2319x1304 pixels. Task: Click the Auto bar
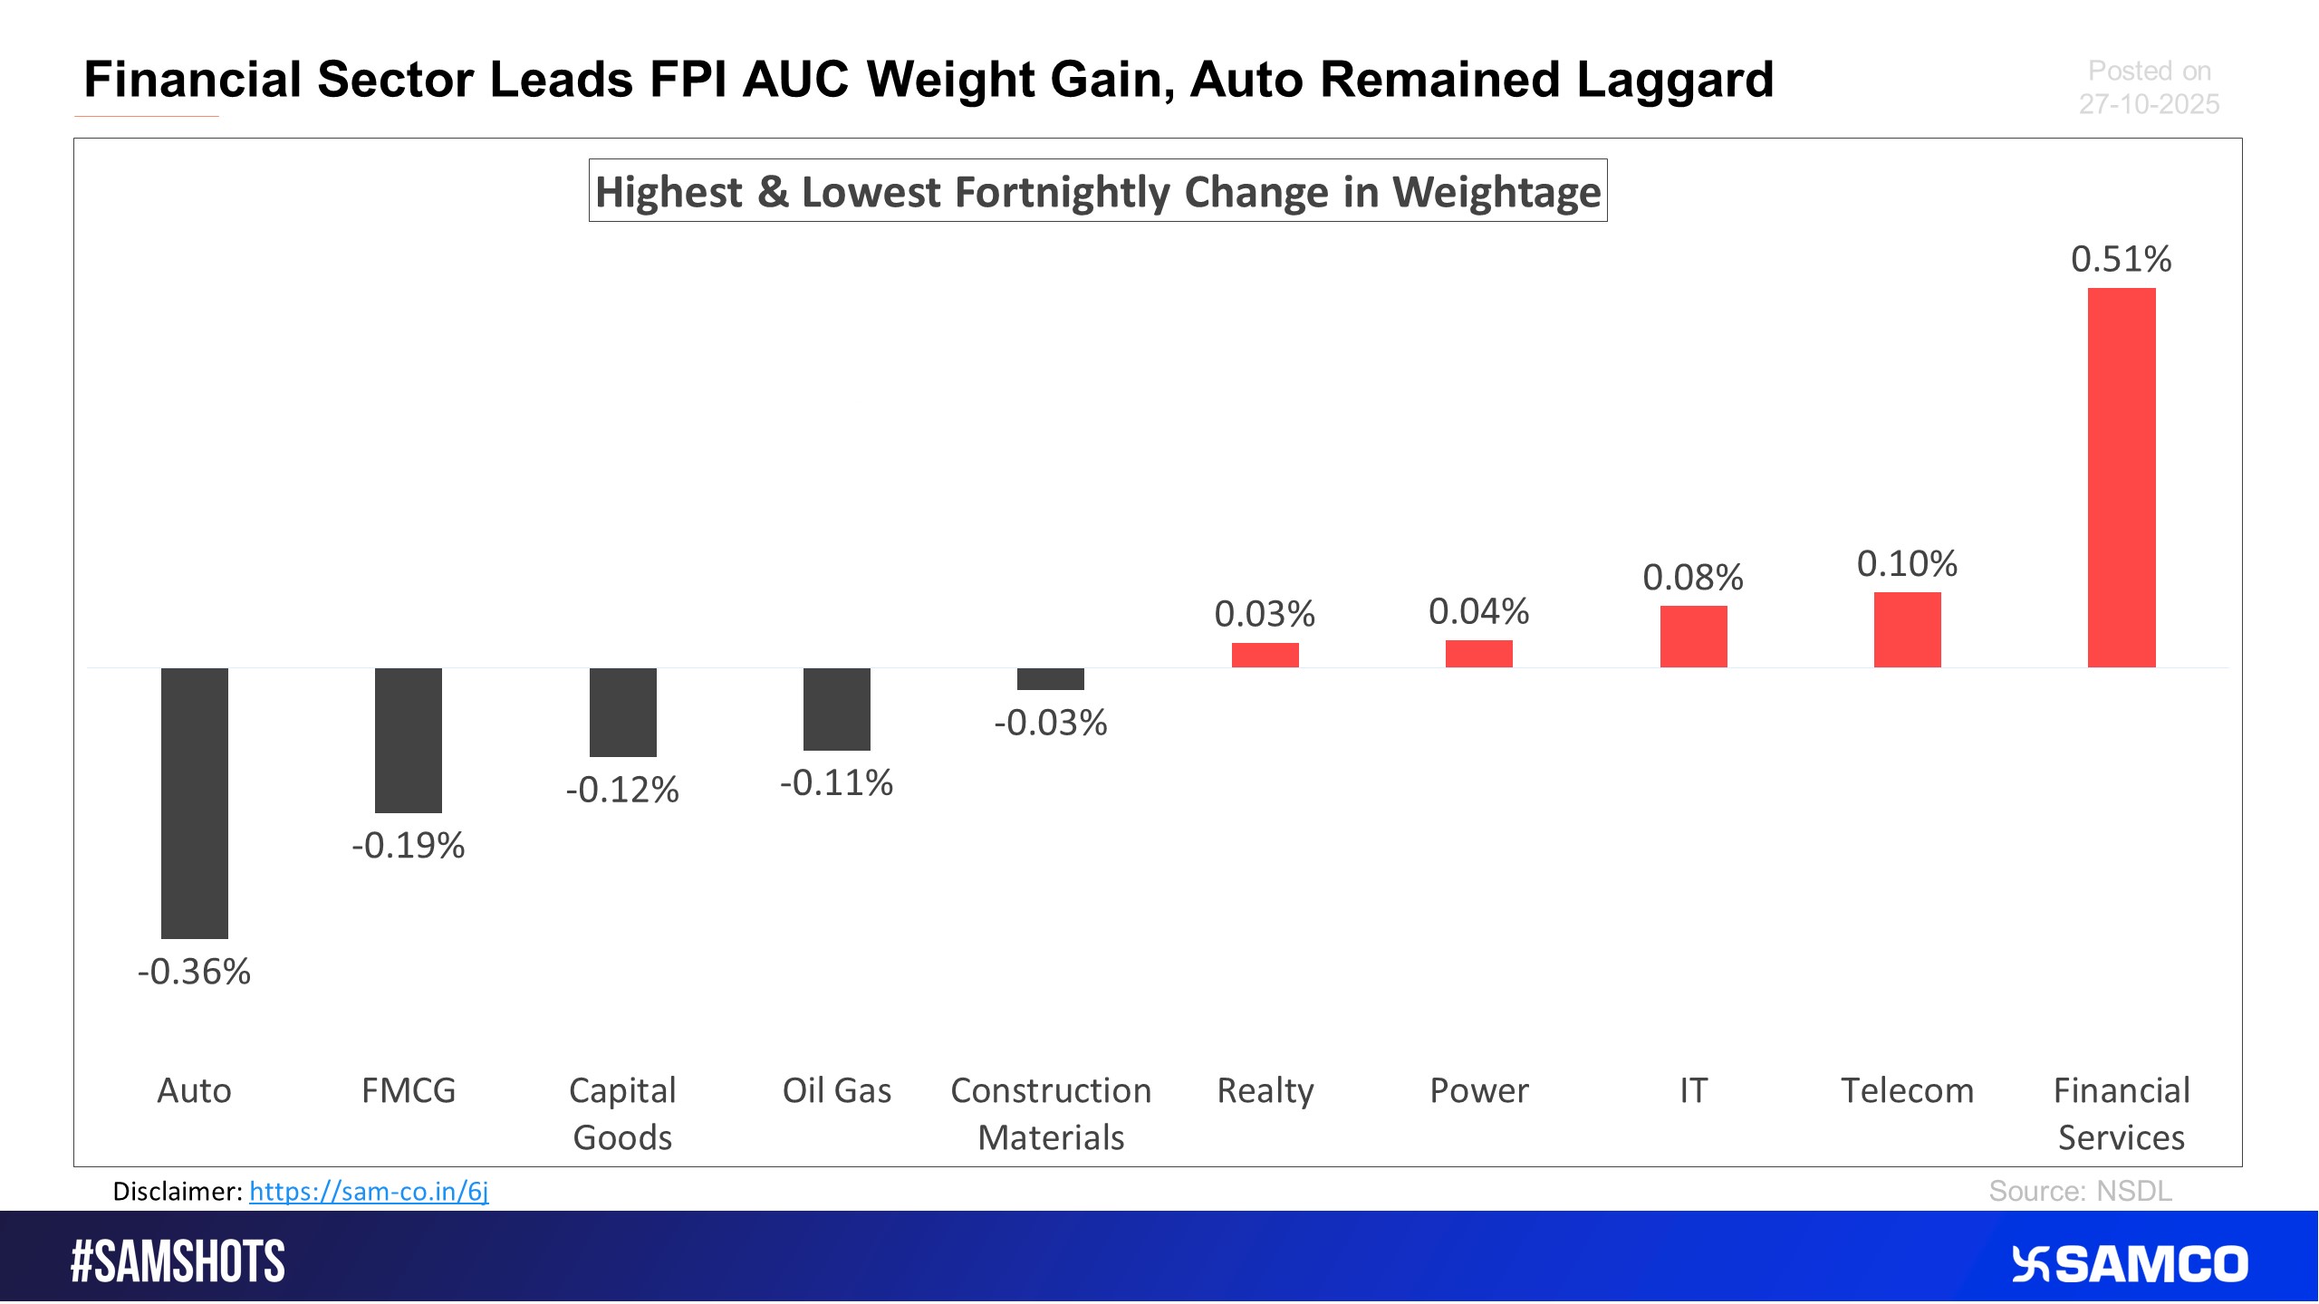click(x=195, y=802)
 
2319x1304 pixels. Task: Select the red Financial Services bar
click(x=2122, y=477)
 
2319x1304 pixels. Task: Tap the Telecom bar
click(x=1907, y=629)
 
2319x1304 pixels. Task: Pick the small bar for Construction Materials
click(x=1051, y=679)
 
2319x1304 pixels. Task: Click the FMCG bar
click(x=409, y=740)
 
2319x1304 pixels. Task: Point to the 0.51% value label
click(x=2122, y=260)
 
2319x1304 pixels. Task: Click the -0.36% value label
click(x=195, y=972)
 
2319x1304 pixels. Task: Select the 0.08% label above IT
click(x=1693, y=578)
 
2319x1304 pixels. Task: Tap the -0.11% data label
click(x=837, y=783)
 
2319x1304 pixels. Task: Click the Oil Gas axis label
click(x=837, y=1090)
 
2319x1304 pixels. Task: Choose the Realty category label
click(x=1265, y=1090)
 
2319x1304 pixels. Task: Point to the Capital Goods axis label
click(x=623, y=1114)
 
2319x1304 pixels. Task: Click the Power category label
click(x=1479, y=1090)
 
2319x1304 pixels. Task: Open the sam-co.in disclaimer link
click(x=369, y=1192)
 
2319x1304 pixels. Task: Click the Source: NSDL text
click(x=2080, y=1191)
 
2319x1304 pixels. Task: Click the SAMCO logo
click(x=2130, y=1264)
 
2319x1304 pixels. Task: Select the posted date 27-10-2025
click(x=2149, y=105)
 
